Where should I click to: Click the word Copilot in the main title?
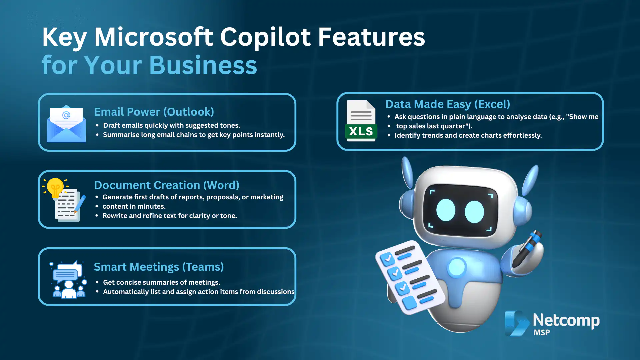pos(265,37)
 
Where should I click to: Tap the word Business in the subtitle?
pos(203,65)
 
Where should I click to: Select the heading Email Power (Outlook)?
pos(154,112)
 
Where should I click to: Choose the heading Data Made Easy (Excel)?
pos(448,104)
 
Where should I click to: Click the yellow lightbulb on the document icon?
pos(55,187)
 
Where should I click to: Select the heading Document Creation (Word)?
pos(167,185)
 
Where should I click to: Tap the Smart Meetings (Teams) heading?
pos(159,267)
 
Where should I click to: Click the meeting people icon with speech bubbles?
pos(69,280)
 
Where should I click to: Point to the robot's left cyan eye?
pos(446,210)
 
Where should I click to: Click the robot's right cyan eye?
pos(474,212)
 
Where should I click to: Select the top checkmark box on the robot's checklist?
pos(388,259)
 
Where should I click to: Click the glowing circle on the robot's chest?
pos(457,267)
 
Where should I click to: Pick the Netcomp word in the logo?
pos(566,320)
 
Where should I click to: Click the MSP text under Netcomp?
pos(542,333)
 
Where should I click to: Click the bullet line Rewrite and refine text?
pos(170,216)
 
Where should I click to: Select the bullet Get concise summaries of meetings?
pos(161,283)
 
